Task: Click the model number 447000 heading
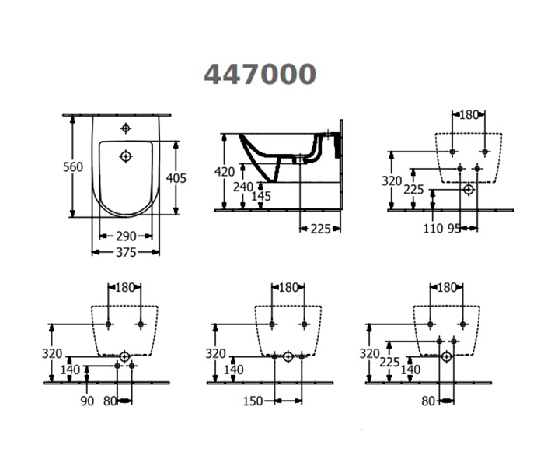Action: pyautogui.click(x=260, y=75)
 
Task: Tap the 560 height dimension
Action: pyautogui.click(x=73, y=167)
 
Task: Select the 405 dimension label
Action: pyautogui.click(x=176, y=178)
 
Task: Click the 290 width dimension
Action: pyautogui.click(x=126, y=236)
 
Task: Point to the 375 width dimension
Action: pyautogui.click(x=126, y=253)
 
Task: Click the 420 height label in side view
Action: pyautogui.click(x=225, y=172)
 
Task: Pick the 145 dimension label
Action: pyautogui.click(x=261, y=197)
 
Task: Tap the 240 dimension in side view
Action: pyautogui.click(x=242, y=187)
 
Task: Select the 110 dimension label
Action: pyautogui.click(x=434, y=229)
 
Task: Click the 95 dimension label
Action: pyautogui.click(x=454, y=229)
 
